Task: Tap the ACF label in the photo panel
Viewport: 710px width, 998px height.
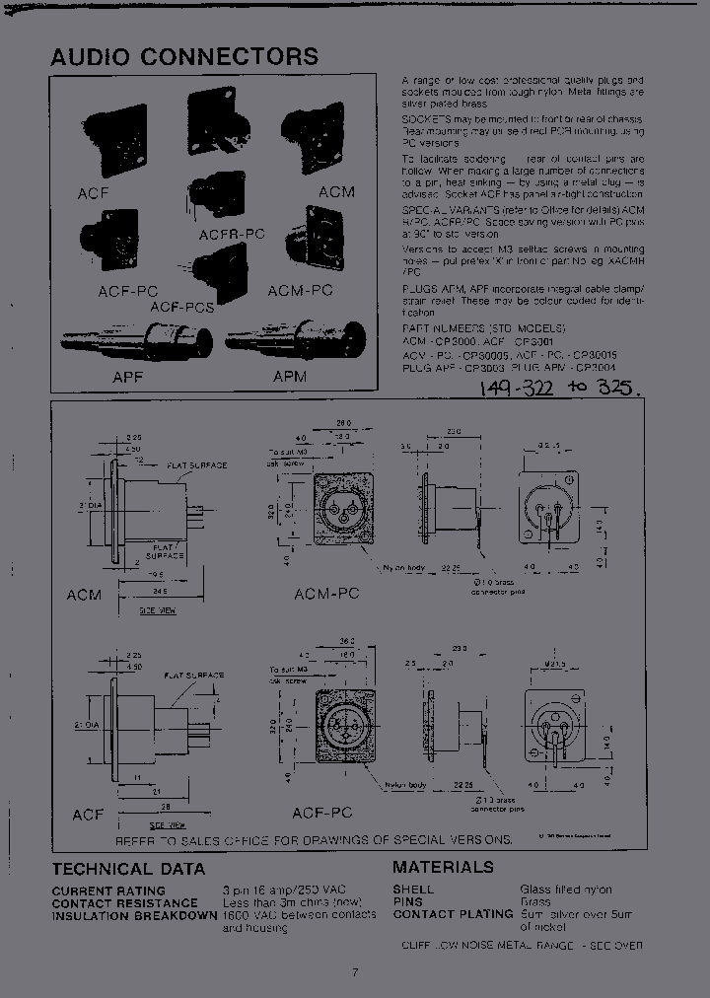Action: pos(93,193)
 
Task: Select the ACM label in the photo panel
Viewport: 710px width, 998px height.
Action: pos(335,191)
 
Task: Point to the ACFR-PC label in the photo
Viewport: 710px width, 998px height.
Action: pos(232,234)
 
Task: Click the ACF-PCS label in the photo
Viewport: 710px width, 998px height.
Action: pos(182,308)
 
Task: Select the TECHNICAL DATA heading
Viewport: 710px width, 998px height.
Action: pos(128,869)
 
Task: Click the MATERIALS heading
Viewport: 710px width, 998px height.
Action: pos(443,867)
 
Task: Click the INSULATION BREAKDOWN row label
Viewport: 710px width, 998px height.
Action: pos(134,915)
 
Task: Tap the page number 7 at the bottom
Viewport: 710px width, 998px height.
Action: pos(354,972)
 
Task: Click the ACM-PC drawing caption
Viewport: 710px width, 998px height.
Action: pos(326,595)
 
